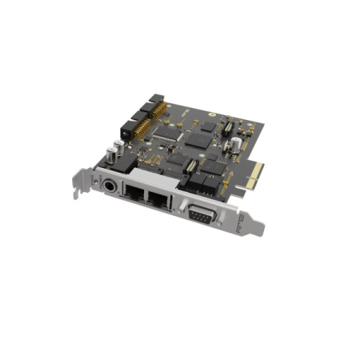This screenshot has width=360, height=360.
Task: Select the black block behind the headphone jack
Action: (124, 164)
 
